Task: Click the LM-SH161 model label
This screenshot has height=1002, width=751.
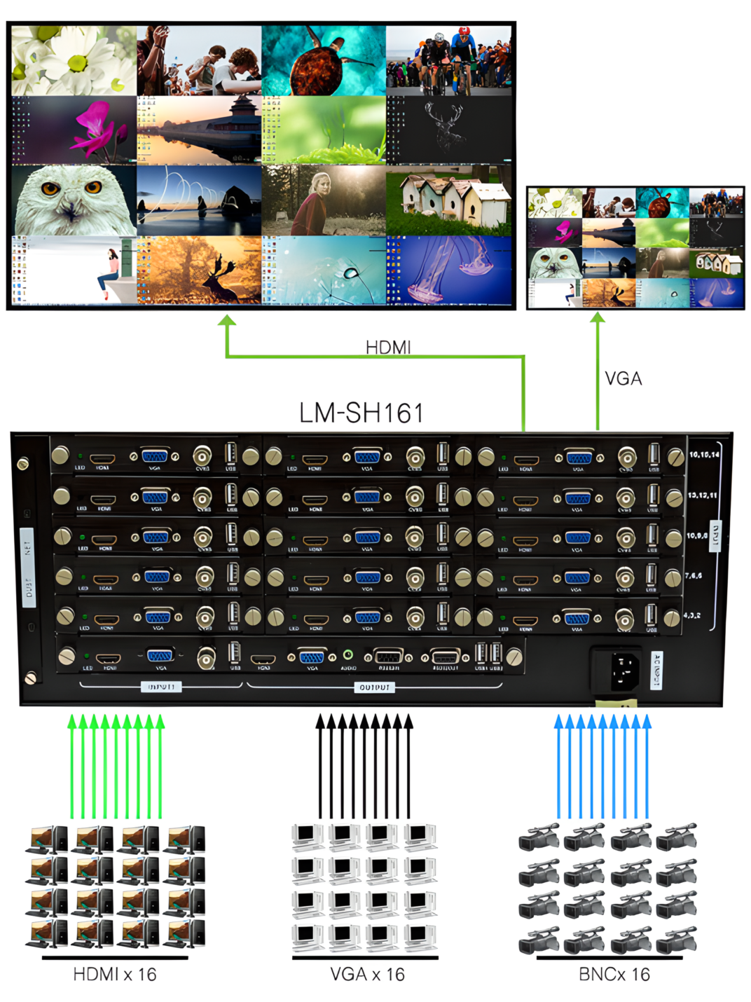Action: click(x=361, y=413)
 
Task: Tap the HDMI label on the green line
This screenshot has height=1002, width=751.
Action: click(x=388, y=347)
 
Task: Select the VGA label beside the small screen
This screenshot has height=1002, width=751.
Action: click(x=623, y=378)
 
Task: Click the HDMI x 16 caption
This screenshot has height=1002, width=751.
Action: click(x=115, y=974)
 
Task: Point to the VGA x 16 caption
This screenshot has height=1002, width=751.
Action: click(x=367, y=974)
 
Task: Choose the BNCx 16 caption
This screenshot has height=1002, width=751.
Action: click(x=614, y=974)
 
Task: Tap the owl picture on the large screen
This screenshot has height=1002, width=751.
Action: click(x=74, y=200)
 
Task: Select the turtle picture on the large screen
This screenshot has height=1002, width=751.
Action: click(x=323, y=61)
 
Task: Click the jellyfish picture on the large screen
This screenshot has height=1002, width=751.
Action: click(x=449, y=270)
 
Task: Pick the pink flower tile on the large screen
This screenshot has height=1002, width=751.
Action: click(x=74, y=130)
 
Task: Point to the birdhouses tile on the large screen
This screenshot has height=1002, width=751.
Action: click(x=449, y=200)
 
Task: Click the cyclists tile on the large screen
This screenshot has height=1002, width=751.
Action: click(x=449, y=61)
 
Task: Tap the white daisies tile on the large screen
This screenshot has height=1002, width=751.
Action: click(x=74, y=61)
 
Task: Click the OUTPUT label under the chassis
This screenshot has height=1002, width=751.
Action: click(x=374, y=687)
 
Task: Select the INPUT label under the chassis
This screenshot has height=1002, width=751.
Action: click(x=161, y=687)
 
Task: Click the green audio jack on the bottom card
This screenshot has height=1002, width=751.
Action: click(x=348, y=656)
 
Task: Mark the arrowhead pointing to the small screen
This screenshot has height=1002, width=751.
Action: click(x=598, y=318)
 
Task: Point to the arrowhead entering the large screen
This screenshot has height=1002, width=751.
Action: click(x=226, y=321)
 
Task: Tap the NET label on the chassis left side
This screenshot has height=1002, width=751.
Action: click(x=27, y=542)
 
